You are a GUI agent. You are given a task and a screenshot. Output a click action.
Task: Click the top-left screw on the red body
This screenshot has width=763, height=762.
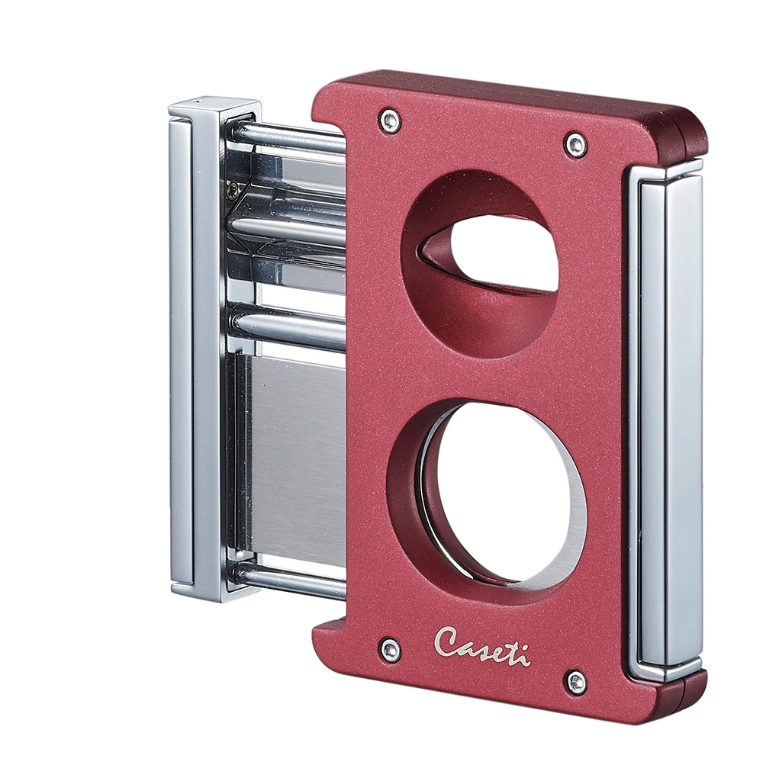pyautogui.click(x=390, y=121)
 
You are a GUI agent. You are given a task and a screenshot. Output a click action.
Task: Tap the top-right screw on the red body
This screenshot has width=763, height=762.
pyautogui.click(x=576, y=144)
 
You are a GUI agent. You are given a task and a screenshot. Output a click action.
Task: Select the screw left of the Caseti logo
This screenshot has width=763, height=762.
pyautogui.click(x=390, y=650)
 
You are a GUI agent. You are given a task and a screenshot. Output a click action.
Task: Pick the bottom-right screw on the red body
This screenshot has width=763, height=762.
pyautogui.click(x=576, y=681)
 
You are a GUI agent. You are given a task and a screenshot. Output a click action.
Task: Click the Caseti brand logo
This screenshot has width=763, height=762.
pyautogui.click(x=481, y=645)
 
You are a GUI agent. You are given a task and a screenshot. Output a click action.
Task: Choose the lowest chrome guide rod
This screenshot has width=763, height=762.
pyautogui.click(x=290, y=580)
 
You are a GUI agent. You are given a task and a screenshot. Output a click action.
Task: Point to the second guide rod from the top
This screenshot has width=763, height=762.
pyautogui.click(x=290, y=229)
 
